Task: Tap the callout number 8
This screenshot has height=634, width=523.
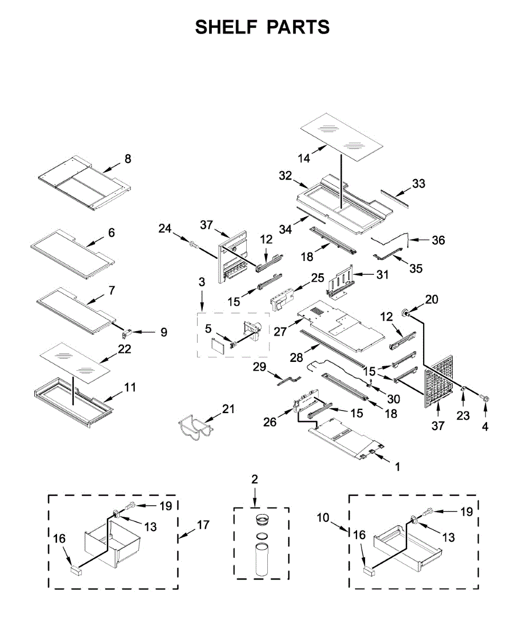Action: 127,158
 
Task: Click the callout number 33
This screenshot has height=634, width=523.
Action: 419,184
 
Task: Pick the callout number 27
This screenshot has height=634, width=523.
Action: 280,331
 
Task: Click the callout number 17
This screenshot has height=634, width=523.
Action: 202,525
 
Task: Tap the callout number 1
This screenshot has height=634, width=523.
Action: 397,467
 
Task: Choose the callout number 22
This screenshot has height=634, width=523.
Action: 125,349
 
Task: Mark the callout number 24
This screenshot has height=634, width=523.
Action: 165,228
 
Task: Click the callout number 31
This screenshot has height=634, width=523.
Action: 382,275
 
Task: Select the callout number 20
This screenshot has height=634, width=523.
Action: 432,300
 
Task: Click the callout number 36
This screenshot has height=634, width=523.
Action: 438,240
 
